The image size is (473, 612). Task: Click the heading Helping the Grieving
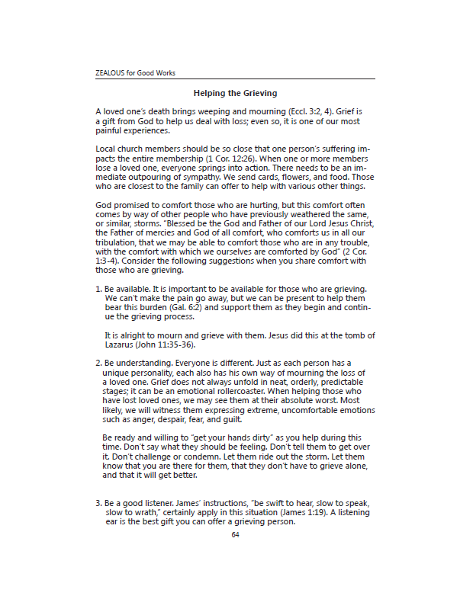click(235, 93)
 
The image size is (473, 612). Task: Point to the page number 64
click(235, 534)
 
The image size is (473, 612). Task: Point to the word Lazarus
click(121, 344)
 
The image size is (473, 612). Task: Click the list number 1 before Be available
click(98, 290)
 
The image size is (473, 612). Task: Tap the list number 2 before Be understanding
click(98, 364)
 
